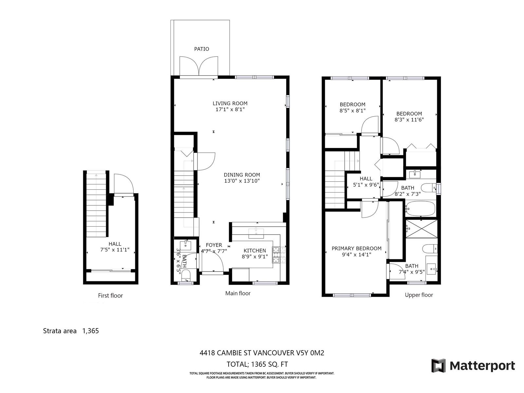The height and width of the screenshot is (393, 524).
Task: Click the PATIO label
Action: [x=201, y=49]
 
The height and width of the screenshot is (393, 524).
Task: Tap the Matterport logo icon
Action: [x=438, y=365]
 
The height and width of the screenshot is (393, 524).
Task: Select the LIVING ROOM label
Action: [x=230, y=103]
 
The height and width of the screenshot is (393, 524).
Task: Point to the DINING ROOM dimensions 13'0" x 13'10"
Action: [x=242, y=181]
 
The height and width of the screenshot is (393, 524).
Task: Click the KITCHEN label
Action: [x=255, y=251]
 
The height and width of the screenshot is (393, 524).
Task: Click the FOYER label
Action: [x=214, y=245]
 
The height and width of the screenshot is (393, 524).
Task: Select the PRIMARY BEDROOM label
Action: [x=356, y=248]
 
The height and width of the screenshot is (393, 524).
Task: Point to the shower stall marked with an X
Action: [x=421, y=229]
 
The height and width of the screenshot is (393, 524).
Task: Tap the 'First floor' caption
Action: [x=110, y=296]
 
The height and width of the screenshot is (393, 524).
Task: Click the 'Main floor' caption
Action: [x=238, y=293]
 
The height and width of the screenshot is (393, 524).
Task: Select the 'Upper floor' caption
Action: [x=419, y=295]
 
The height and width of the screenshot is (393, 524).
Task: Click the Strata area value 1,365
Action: [x=90, y=331]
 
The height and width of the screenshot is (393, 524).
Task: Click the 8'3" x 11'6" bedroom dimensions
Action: [x=409, y=120]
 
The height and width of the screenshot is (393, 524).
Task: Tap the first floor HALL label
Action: [x=115, y=244]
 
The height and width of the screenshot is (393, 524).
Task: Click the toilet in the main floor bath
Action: [x=186, y=276]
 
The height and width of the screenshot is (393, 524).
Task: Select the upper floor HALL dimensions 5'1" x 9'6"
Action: [x=366, y=185]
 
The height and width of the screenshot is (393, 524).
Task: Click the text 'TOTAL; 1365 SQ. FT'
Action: [x=257, y=365]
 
